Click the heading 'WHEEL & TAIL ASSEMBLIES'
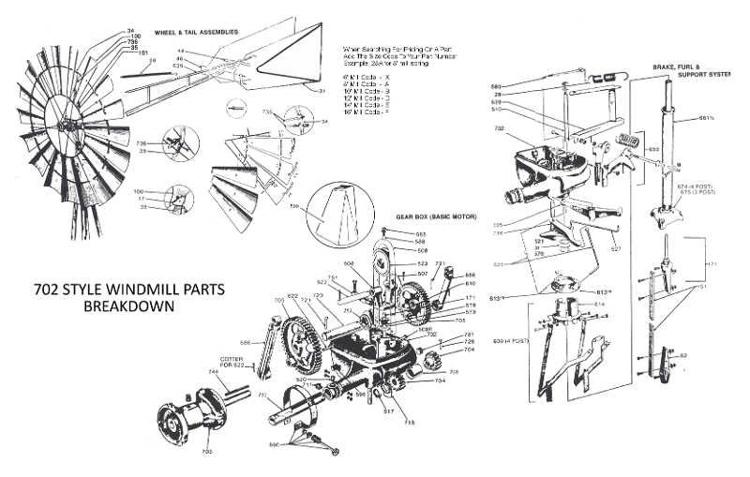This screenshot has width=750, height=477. pos(195,31)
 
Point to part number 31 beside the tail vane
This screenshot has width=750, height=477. pos(322,91)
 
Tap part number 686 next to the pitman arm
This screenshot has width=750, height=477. pos(245,343)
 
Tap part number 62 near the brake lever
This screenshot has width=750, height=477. pos(683,357)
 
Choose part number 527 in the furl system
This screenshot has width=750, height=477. pos(615,250)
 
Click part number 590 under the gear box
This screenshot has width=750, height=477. pos(274,443)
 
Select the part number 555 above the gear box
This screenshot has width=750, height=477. pos(421,233)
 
